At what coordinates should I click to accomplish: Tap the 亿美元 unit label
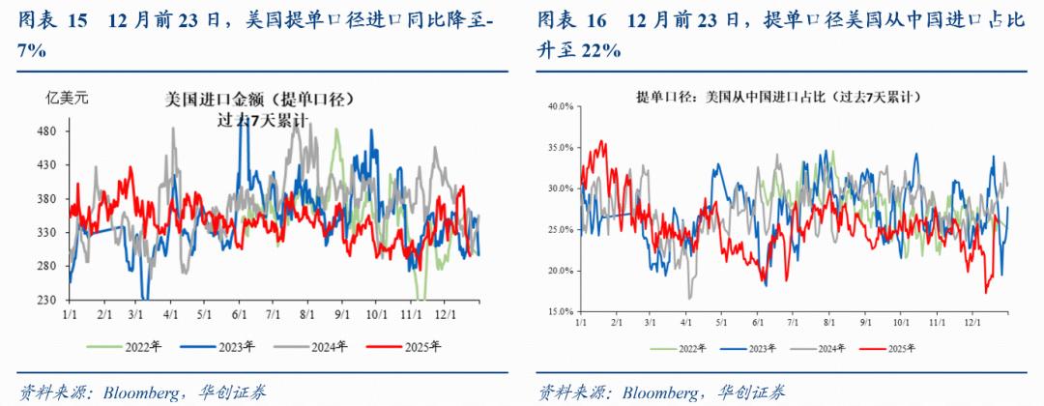point(68,97)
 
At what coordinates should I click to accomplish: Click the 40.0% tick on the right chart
point(562,107)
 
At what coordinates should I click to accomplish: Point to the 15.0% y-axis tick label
point(562,312)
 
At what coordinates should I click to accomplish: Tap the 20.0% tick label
point(562,271)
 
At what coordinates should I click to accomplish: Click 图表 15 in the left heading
point(49,19)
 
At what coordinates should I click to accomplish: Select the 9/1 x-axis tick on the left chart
point(339,316)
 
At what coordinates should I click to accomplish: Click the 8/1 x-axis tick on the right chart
point(829,321)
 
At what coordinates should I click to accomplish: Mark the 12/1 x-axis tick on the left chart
point(445,316)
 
